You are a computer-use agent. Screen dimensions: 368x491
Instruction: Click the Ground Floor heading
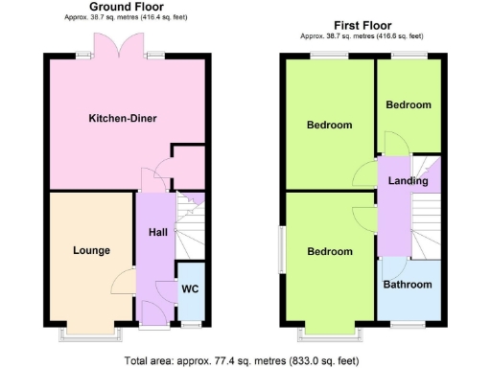(125, 7)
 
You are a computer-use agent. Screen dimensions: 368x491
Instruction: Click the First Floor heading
(362, 25)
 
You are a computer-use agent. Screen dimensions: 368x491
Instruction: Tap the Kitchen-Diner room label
(123, 119)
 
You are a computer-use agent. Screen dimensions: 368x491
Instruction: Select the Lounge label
(91, 251)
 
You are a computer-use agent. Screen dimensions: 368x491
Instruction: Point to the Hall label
(158, 232)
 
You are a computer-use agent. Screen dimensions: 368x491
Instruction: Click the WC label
(190, 288)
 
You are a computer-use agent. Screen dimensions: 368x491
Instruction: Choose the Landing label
(408, 181)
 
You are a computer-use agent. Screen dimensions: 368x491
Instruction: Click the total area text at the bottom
(245, 360)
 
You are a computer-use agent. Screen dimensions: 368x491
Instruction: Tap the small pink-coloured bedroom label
(408, 104)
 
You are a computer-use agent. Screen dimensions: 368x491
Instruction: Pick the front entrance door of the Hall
(152, 311)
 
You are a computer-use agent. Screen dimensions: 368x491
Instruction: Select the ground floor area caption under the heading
(125, 18)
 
